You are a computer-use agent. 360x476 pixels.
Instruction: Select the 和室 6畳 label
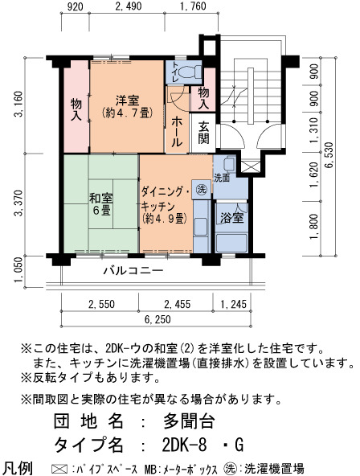coord(101,204)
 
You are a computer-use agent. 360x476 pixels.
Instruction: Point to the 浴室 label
coord(232,218)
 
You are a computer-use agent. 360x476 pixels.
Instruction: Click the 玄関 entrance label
coord(203,133)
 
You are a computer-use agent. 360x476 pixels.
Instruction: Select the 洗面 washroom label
coord(222,178)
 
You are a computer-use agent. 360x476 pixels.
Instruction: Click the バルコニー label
coord(133,270)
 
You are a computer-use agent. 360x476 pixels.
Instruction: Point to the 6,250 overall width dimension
coord(157,319)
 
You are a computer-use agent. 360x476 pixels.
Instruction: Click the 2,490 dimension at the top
coord(129,6)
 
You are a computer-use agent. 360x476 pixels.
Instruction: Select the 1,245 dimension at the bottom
coord(233,304)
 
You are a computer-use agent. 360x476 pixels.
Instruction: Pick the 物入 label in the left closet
coord(76,109)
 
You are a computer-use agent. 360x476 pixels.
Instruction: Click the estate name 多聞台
coord(190,421)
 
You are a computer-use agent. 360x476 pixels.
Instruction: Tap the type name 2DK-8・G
coord(202,445)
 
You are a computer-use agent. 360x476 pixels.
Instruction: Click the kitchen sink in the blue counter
coord(200,227)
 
